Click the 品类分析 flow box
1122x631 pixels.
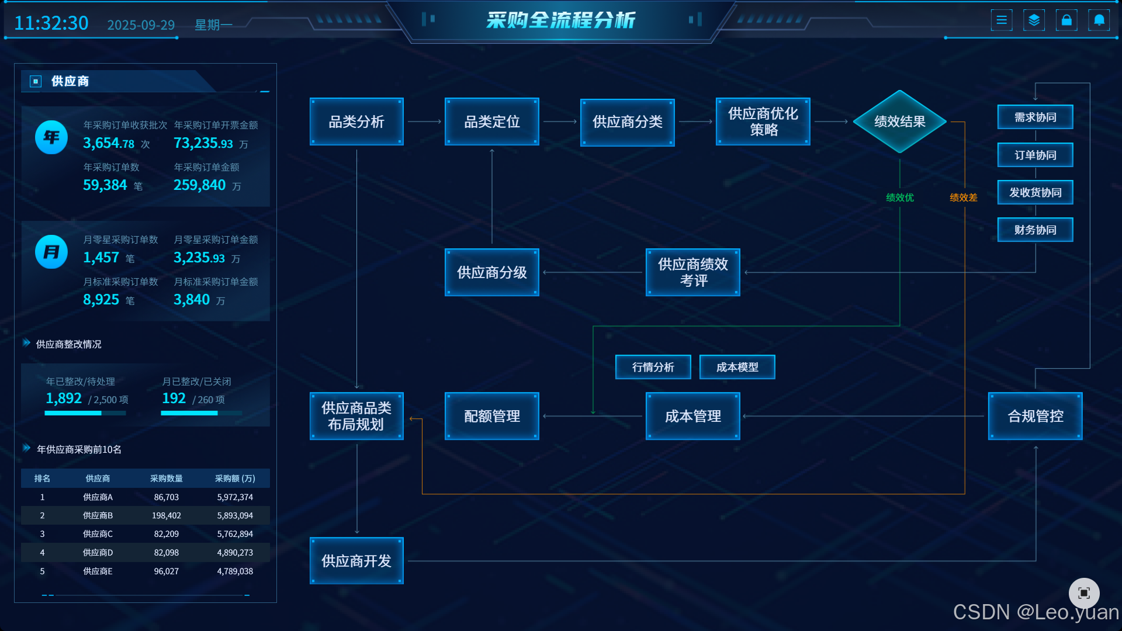click(x=356, y=122)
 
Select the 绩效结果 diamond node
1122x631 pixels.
click(x=899, y=122)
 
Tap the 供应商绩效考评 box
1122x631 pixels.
click(x=692, y=272)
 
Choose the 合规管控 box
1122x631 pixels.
click(x=1035, y=416)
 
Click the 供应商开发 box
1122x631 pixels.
click(x=356, y=561)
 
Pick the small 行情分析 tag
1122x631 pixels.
click(x=653, y=367)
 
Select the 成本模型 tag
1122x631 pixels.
click(x=737, y=367)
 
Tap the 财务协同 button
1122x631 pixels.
click(x=1035, y=230)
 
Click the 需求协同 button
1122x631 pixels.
click(x=1035, y=117)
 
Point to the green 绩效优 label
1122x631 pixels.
click(x=899, y=197)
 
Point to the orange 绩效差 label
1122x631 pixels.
click(x=963, y=197)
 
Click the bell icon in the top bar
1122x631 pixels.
click(x=1099, y=20)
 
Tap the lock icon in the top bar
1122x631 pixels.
click(x=1066, y=20)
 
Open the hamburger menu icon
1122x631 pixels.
click(x=1002, y=20)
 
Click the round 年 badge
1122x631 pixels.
click(x=51, y=137)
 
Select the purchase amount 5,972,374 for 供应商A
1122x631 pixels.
click(x=235, y=497)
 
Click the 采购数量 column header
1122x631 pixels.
click(x=166, y=479)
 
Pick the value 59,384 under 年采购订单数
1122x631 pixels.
click(x=105, y=185)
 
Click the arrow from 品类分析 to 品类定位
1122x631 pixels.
click(x=424, y=122)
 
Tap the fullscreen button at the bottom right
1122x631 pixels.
click(x=1084, y=593)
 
